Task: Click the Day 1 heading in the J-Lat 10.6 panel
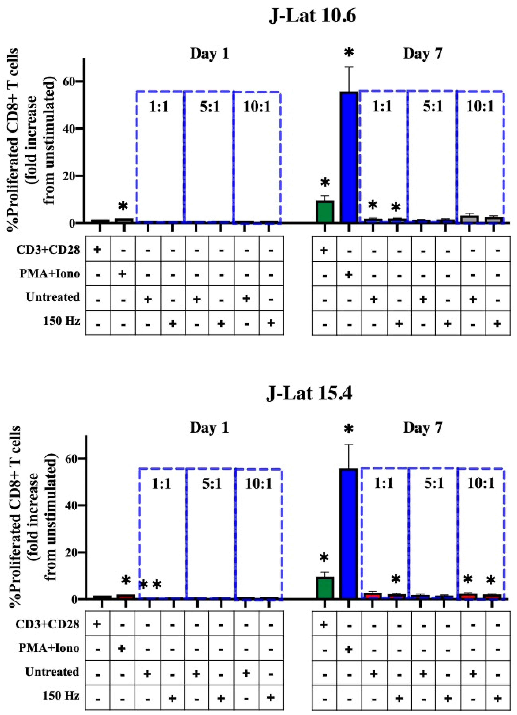(209, 54)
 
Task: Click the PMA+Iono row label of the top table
(50, 274)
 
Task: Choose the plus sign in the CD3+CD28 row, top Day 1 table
(98, 250)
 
